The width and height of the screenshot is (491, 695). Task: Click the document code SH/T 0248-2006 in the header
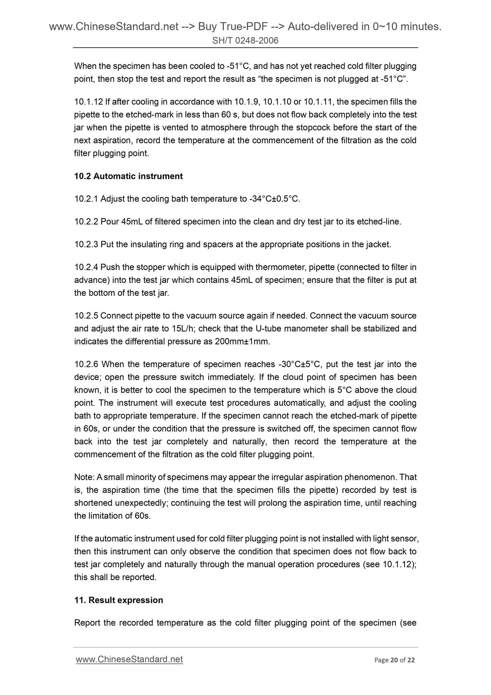tap(245, 41)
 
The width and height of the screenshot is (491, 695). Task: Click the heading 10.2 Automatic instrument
tap(128, 176)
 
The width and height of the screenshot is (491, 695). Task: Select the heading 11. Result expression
tap(119, 600)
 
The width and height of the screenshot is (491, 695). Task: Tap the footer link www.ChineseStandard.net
tap(129, 659)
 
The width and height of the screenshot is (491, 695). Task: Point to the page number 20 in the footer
tap(394, 660)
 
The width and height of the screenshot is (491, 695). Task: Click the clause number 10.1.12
tap(89, 102)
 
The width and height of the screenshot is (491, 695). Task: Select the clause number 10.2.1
tap(86, 199)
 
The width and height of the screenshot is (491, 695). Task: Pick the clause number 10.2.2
tap(86, 222)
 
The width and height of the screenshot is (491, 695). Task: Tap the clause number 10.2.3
tap(86, 244)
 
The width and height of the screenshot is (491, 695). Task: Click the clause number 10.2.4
tap(86, 267)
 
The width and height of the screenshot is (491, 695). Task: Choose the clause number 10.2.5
tap(86, 316)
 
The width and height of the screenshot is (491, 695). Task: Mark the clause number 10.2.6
tap(86, 365)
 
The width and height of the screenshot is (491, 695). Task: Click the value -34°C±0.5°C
tap(275, 199)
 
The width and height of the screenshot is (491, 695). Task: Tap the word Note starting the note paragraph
tap(84, 477)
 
